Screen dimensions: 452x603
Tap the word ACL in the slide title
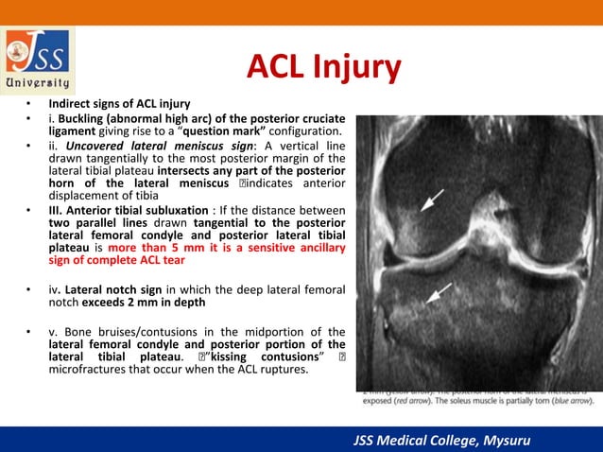[x=275, y=67]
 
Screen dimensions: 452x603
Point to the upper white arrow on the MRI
[x=432, y=200]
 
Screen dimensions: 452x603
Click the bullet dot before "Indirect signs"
[x=29, y=102]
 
